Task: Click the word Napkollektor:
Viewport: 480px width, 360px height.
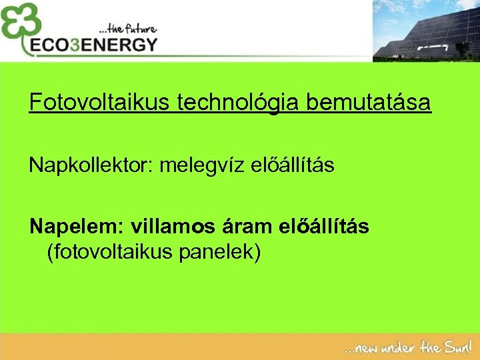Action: pyautogui.click(x=90, y=166)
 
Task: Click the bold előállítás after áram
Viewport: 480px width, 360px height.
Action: pyautogui.click(x=326, y=227)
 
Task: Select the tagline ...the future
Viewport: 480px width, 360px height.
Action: pyautogui.click(x=127, y=29)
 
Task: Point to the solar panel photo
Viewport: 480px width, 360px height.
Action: pyautogui.click(x=426, y=31)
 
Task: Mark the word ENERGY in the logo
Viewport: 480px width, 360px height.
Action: pyautogui.click(x=121, y=45)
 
